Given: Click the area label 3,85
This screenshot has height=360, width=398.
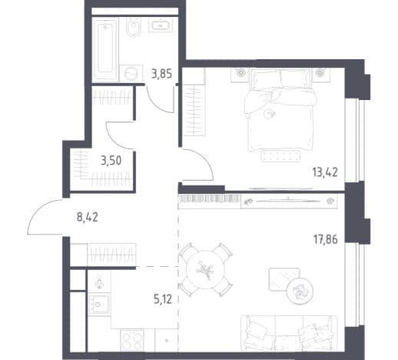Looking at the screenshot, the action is pyautogui.click(x=161, y=74).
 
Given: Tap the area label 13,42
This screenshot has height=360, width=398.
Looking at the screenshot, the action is pyautogui.click(x=325, y=172).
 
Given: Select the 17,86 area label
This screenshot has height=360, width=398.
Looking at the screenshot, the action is pyautogui.click(x=326, y=240).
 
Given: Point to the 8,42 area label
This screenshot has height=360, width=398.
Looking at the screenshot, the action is pyautogui.click(x=88, y=218).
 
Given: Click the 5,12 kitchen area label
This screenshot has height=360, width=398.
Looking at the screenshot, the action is pyautogui.click(x=163, y=299).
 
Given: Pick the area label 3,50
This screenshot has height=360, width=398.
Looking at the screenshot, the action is pyautogui.click(x=111, y=161).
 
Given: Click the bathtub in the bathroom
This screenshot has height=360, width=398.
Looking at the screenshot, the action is pyautogui.click(x=105, y=49).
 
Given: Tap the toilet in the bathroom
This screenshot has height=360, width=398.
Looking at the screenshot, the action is pyautogui.click(x=134, y=28).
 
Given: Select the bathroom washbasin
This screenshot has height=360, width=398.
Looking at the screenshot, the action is pyautogui.click(x=161, y=25).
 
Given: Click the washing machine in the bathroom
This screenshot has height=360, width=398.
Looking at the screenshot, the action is pyautogui.click(x=131, y=73).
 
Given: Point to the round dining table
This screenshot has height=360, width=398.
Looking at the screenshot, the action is pyautogui.click(x=205, y=269).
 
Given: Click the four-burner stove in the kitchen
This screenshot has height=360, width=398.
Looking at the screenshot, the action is pyautogui.click(x=132, y=340).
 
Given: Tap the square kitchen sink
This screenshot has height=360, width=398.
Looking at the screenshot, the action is pyautogui.click(x=99, y=304).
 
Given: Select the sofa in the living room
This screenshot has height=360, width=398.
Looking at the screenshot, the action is pyautogui.click(x=289, y=333).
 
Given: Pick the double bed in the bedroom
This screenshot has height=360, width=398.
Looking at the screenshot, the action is pyautogui.click(x=280, y=110).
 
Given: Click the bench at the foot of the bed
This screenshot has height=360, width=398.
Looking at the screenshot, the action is pyautogui.click(x=280, y=156).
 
